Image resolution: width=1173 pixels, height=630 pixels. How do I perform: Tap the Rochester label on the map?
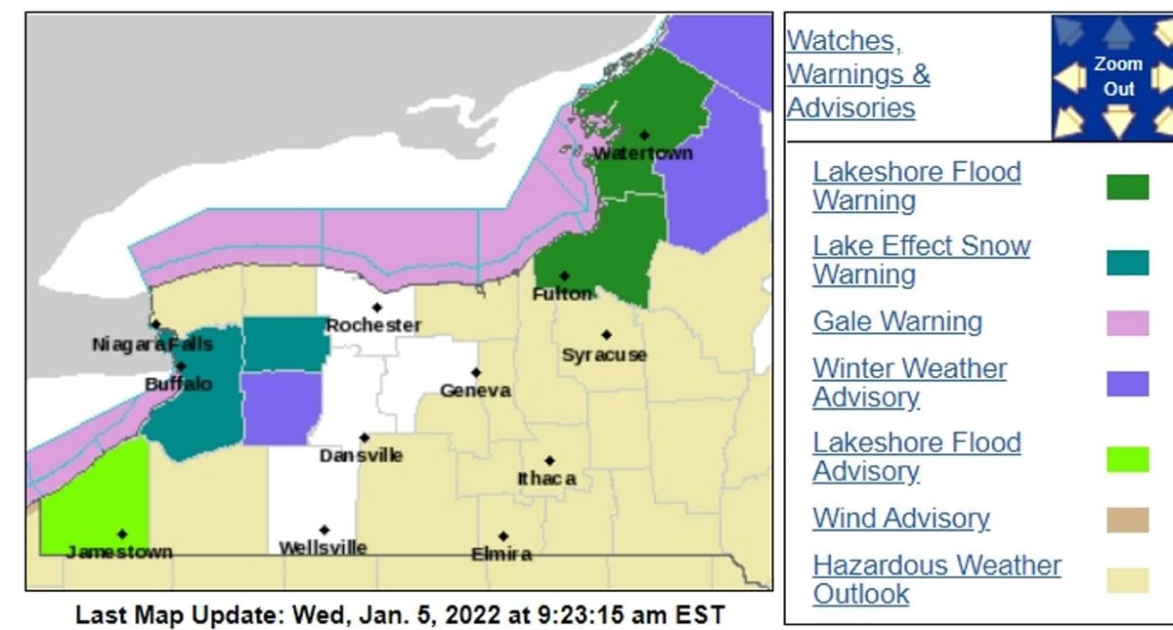(372, 325)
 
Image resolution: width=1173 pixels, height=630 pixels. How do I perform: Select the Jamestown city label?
(119, 552)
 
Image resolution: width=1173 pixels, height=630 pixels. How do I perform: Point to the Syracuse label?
(604, 355)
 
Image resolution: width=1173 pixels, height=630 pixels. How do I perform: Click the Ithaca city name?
(546, 479)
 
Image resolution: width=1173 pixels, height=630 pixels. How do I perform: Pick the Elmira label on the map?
(501, 554)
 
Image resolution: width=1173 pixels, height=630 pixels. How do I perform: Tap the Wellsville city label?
(323, 548)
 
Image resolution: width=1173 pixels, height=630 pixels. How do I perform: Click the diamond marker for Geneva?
(476, 372)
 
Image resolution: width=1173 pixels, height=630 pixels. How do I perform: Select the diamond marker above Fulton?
(564, 276)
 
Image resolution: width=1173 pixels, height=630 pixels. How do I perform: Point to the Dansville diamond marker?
(365, 438)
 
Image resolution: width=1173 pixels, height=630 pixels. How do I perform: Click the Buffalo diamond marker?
(180, 366)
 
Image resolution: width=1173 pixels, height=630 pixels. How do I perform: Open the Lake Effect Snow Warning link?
(921, 260)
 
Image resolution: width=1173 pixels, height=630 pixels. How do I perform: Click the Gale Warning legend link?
(897, 321)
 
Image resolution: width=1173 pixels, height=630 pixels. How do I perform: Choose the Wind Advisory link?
(900, 518)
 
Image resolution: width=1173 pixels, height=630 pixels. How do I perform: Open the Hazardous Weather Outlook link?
(935, 578)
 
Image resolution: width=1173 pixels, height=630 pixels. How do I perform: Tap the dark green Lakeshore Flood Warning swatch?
(1127, 187)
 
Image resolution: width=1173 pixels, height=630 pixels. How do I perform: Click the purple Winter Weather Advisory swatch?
(1127, 383)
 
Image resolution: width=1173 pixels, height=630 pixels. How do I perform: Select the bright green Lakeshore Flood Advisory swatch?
(1127, 458)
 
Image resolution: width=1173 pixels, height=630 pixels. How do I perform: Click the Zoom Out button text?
(1118, 76)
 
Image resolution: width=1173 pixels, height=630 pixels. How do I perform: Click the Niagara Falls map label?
(152, 345)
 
